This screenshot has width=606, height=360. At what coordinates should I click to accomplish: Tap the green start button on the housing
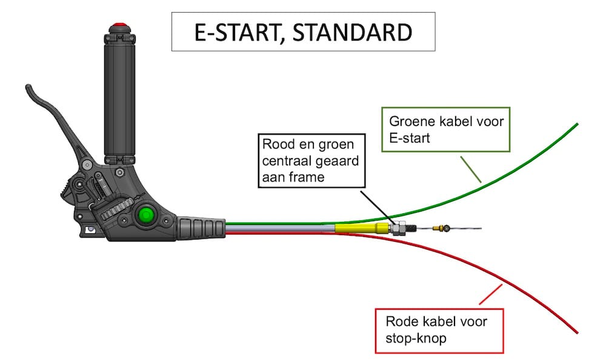click(145, 215)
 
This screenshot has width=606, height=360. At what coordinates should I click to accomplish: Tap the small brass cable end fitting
click(445, 228)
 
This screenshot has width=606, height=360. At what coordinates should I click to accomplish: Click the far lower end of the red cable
click(576, 332)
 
